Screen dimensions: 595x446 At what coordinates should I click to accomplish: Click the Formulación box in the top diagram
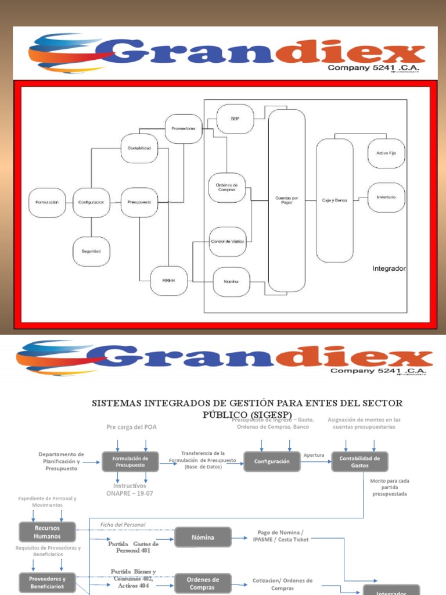[x=47, y=202]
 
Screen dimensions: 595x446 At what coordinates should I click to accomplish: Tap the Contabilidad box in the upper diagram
[x=139, y=148]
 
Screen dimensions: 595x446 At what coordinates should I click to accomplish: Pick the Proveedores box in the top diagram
[x=183, y=128]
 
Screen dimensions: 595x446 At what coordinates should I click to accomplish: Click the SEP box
[x=235, y=119]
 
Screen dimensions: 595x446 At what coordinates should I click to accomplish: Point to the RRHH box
[x=168, y=281]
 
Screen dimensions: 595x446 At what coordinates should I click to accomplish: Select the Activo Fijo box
[x=386, y=153]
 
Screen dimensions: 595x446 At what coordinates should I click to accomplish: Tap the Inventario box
[x=386, y=198]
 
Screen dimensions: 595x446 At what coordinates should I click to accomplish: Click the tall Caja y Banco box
[x=334, y=200]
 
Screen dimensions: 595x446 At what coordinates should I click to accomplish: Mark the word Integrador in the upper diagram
[x=389, y=269]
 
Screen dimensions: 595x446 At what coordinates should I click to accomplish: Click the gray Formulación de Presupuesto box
[x=131, y=461]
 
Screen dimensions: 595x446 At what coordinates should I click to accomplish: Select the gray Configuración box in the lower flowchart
[x=271, y=461]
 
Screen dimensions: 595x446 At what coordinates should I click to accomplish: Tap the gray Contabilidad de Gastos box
[x=359, y=461]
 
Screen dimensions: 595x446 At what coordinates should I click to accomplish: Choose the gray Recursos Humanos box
[x=47, y=532]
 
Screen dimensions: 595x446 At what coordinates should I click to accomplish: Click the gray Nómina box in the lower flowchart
[x=203, y=537]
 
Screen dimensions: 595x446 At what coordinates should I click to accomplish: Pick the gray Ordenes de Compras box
[x=203, y=583]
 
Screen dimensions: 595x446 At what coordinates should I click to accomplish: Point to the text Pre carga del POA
[x=131, y=427]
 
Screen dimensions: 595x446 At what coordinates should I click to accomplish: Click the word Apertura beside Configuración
[x=314, y=455]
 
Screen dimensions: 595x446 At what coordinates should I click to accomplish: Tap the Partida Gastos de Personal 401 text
[x=133, y=547]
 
